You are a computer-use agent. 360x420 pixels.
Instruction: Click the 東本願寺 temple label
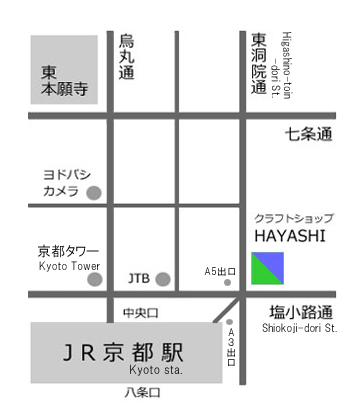pos(65,81)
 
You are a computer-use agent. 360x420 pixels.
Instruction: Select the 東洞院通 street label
pos(259,63)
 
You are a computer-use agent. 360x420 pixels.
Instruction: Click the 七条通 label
pos(307,133)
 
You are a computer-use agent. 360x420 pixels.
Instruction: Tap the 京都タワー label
pos(67,251)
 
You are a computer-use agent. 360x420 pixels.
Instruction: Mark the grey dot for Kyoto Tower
pos(95,278)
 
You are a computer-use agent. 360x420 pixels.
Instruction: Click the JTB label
pos(140,277)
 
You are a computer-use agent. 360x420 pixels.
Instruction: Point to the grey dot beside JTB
pos(163,278)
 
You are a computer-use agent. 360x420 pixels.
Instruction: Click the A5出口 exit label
pos(220,271)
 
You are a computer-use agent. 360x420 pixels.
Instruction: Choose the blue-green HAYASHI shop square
pos(267,268)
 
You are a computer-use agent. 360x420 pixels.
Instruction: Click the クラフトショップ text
pos(294,217)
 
